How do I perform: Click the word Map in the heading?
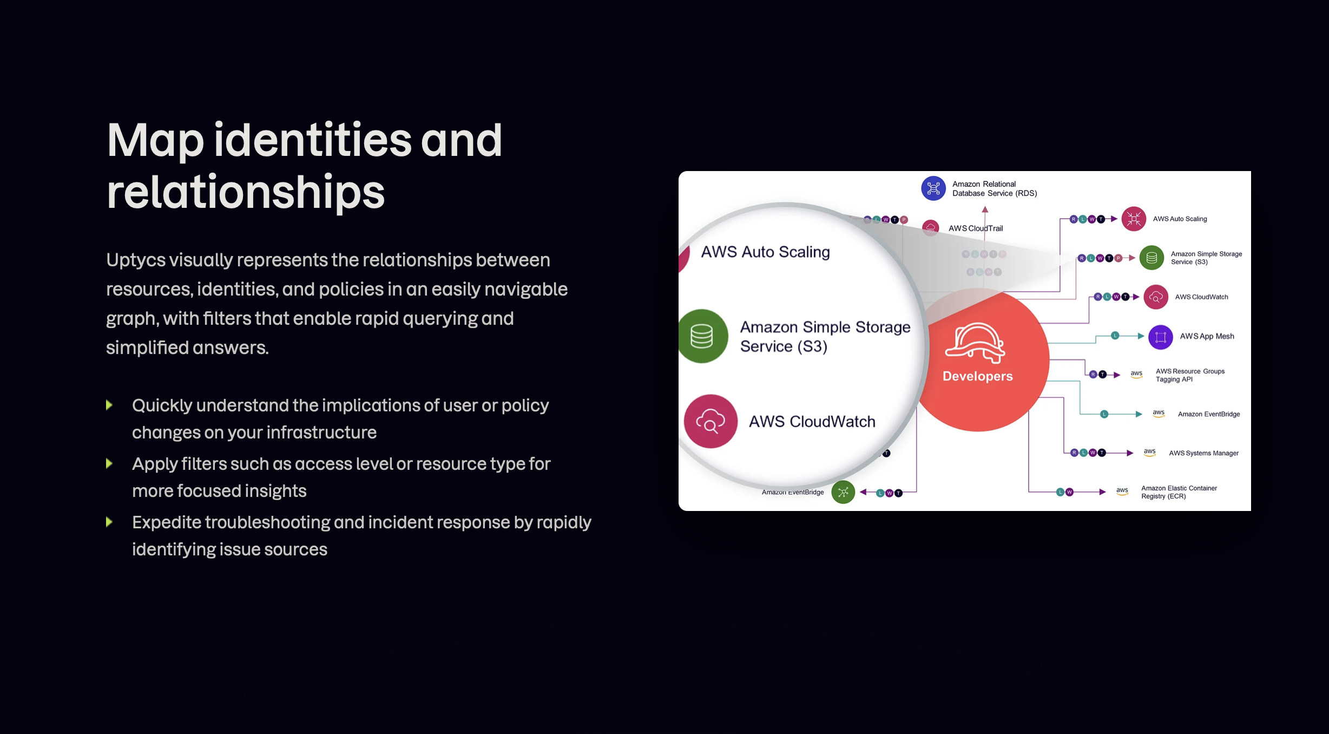click(x=155, y=141)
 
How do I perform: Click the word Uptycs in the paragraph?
click(x=136, y=260)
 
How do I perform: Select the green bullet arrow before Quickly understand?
click(x=109, y=405)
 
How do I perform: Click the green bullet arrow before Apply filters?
click(x=109, y=463)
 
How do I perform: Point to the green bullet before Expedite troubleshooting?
click(x=109, y=522)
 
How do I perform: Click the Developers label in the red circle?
click(x=977, y=376)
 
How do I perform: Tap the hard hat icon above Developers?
click(x=975, y=343)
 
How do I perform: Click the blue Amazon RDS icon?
click(x=933, y=188)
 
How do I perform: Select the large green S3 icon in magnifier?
click(x=702, y=336)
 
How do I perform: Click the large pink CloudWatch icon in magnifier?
click(x=710, y=421)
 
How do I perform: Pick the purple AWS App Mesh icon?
click(x=1160, y=337)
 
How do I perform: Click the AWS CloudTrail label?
click(x=975, y=228)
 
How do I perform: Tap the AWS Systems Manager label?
click(x=1203, y=453)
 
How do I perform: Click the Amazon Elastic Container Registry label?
click(x=1179, y=492)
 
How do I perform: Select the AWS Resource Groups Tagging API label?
click(x=1190, y=375)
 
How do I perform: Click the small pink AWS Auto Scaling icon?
click(x=1134, y=219)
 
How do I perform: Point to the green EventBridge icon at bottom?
click(x=843, y=492)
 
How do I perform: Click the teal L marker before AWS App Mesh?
click(x=1115, y=336)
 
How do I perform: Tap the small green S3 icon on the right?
click(x=1152, y=258)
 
